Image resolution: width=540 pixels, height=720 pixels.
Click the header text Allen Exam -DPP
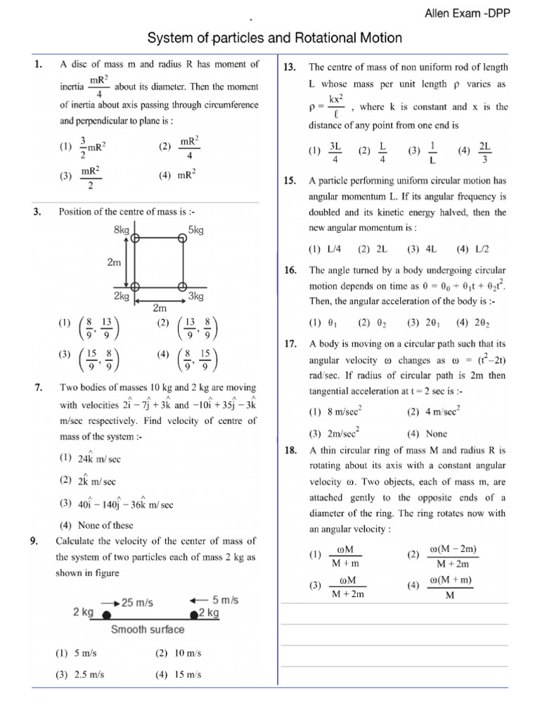point(479,15)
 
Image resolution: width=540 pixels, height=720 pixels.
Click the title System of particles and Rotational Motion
point(274,38)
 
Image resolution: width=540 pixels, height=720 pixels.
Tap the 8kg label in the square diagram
point(121,230)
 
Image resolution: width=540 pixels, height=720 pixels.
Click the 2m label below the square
point(160,307)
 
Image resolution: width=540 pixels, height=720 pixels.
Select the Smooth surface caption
point(148,629)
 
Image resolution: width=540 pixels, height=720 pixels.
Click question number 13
point(290,67)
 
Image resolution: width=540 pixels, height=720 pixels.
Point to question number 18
point(290,451)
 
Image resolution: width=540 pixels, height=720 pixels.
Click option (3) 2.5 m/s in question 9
point(80,674)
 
